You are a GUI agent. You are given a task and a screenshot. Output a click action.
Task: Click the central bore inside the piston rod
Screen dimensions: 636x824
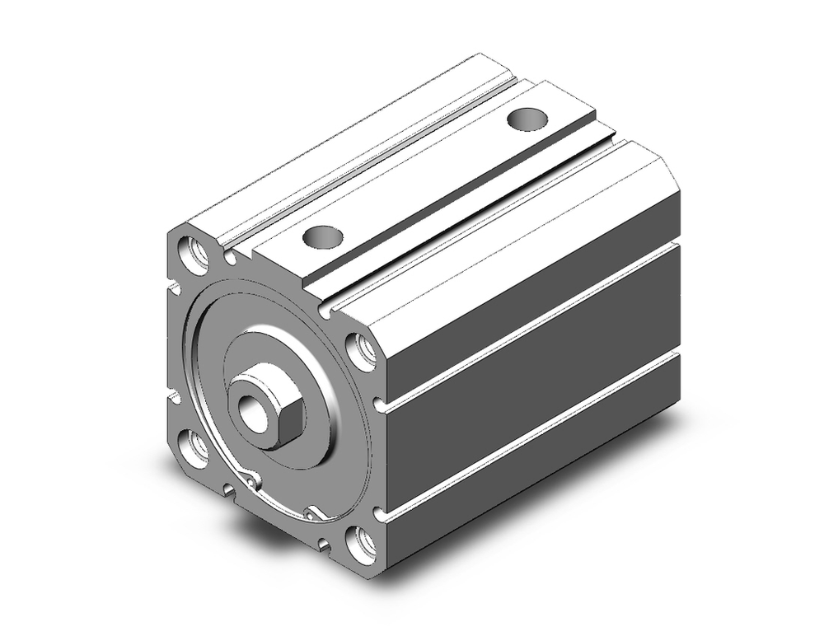pos(250,407)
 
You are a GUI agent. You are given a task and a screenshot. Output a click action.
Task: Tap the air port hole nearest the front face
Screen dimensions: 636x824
pos(323,237)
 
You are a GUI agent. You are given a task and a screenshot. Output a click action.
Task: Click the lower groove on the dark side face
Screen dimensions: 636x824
pos(527,437)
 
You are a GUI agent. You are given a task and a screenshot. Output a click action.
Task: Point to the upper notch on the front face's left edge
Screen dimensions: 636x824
pos(174,288)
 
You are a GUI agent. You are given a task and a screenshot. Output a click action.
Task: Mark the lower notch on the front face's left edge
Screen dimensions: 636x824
pos(174,400)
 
